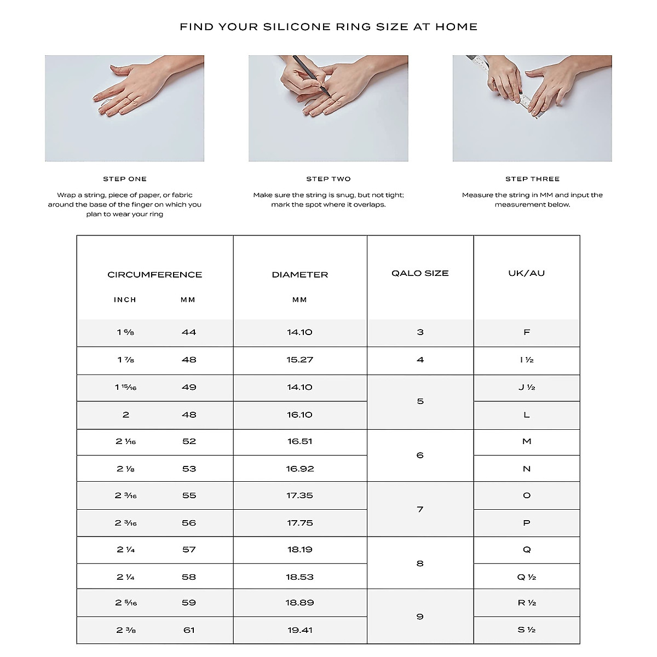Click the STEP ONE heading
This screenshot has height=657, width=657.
click(x=125, y=179)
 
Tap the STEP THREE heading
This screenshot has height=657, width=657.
click(x=532, y=179)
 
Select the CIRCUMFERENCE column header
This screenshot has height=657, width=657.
click(x=155, y=275)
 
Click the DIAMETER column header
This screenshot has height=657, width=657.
click(x=300, y=275)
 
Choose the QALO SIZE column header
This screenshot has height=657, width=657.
click(x=420, y=273)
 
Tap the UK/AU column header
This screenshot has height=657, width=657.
click(x=527, y=273)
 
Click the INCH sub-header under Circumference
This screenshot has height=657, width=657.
click(x=125, y=300)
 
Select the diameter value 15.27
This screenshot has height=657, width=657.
click(x=300, y=360)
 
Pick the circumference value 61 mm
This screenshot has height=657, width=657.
click(x=189, y=630)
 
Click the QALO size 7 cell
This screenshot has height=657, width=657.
click(x=420, y=510)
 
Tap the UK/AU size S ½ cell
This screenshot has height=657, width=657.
click(x=527, y=630)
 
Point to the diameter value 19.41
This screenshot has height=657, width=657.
click(x=300, y=630)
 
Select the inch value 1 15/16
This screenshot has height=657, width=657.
click(x=125, y=388)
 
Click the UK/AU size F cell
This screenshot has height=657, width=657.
click(x=527, y=332)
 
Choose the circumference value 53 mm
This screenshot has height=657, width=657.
click(x=189, y=469)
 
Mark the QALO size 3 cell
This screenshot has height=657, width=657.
click(x=420, y=332)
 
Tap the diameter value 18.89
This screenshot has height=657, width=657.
click(x=300, y=603)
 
